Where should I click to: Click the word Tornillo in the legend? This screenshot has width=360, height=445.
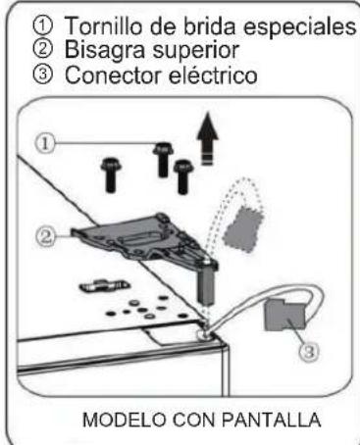[x=103, y=25]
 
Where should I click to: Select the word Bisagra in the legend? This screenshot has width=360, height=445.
[x=105, y=51]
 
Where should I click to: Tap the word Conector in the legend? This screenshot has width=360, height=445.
[x=113, y=75]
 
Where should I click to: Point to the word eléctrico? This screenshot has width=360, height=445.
[x=213, y=75]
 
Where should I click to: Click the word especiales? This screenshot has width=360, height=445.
[x=299, y=26]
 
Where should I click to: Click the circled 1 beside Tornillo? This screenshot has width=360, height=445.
[x=42, y=25]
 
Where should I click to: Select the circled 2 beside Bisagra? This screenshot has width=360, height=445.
[x=42, y=49]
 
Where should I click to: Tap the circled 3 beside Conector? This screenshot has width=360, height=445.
[x=42, y=74]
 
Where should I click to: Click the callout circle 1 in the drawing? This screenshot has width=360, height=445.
[x=45, y=144]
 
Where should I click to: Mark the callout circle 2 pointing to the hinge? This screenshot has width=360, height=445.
[x=46, y=236]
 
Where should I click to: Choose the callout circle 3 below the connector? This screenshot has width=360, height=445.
[x=309, y=352]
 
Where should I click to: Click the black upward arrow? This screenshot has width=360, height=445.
[x=207, y=139]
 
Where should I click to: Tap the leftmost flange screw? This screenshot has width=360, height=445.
[x=111, y=174]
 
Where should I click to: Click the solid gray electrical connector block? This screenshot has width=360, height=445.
[x=284, y=315]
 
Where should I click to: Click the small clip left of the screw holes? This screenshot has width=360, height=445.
[x=104, y=286]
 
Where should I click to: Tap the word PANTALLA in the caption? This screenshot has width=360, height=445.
[x=271, y=420]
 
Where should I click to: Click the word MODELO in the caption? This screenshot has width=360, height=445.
[x=125, y=420]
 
